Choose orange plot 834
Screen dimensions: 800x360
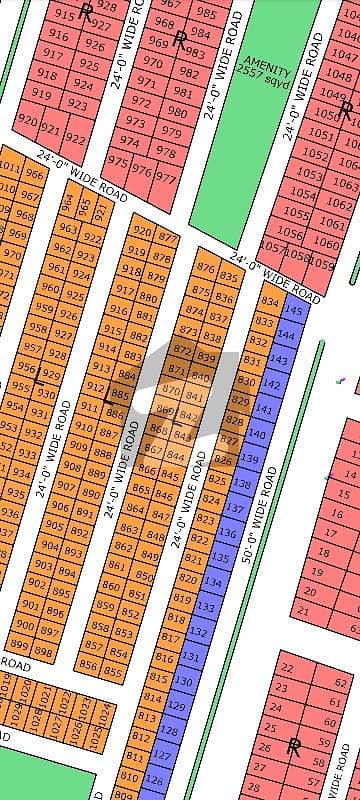click(268, 301)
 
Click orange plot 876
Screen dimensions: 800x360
click(206, 267)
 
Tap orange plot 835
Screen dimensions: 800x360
click(230, 276)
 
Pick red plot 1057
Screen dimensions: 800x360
click(275, 247)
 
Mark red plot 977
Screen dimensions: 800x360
click(166, 179)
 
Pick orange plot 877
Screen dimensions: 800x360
click(168, 237)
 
